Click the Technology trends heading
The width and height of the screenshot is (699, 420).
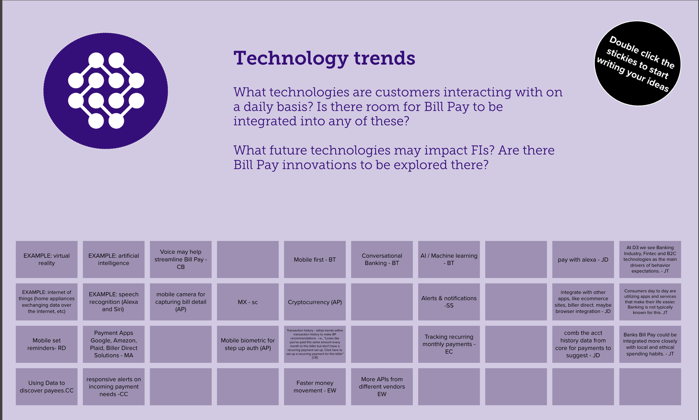[324, 58]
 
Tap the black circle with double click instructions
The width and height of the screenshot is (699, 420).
[638, 64]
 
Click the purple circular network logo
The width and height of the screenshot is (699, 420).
[106, 91]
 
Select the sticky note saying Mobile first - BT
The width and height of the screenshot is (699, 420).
[315, 260]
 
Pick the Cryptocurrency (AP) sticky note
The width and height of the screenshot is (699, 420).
[315, 302]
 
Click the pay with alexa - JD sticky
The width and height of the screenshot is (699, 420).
[583, 260]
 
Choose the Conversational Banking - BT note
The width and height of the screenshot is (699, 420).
[382, 260]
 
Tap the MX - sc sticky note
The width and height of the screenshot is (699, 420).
[248, 302]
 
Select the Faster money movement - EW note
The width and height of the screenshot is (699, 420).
[315, 387]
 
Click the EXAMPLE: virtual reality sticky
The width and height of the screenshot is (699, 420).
[47, 260]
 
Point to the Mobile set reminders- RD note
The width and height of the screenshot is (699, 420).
[47, 344]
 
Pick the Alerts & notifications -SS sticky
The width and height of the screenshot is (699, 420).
[449, 302]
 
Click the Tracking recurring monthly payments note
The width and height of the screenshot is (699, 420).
[449, 344]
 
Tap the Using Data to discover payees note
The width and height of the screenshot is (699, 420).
[47, 387]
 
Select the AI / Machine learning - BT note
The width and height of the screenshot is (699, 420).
[449, 260]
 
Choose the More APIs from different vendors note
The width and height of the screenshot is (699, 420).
[382, 387]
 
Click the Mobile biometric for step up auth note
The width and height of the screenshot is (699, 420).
[248, 344]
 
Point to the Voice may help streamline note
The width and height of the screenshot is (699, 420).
[181, 260]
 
